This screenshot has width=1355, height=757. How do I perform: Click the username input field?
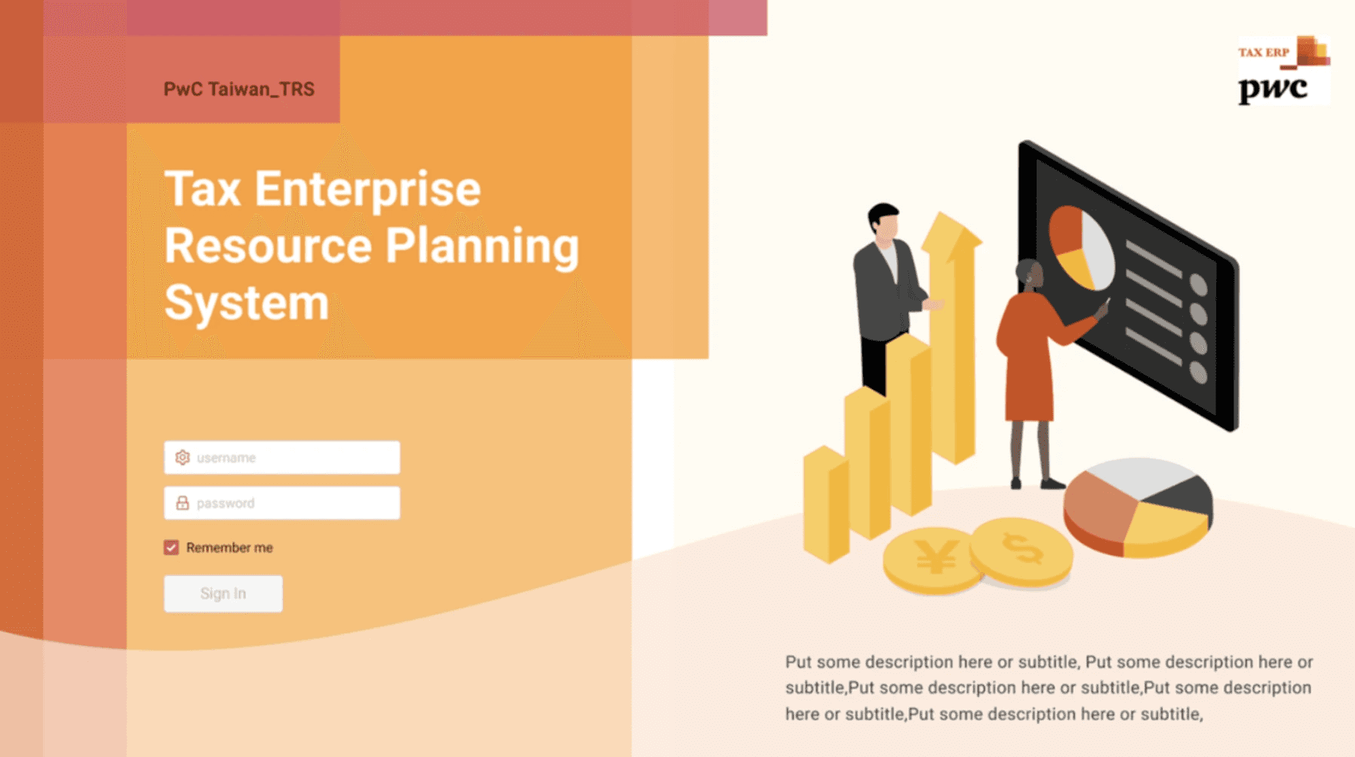(x=281, y=457)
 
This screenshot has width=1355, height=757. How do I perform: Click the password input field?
(x=281, y=503)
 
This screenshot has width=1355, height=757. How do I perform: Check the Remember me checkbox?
(x=171, y=547)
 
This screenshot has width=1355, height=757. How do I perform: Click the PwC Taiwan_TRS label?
(x=239, y=89)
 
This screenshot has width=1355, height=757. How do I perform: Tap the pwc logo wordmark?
(x=1273, y=89)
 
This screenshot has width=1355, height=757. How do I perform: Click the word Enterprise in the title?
(x=367, y=190)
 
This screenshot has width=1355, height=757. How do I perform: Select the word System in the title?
(x=247, y=303)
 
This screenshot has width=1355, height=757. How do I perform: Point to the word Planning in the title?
(x=483, y=247)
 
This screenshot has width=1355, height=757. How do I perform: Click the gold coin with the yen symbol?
(x=933, y=559)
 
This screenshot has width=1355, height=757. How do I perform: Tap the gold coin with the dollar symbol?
(x=1022, y=551)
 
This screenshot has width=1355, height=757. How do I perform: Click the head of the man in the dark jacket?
(x=883, y=222)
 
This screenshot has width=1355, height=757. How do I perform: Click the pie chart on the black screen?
(x=1081, y=247)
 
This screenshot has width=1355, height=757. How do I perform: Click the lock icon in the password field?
(x=183, y=503)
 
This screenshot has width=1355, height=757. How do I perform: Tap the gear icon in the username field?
(x=183, y=457)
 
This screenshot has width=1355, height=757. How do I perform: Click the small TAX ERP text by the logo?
(x=1264, y=52)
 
